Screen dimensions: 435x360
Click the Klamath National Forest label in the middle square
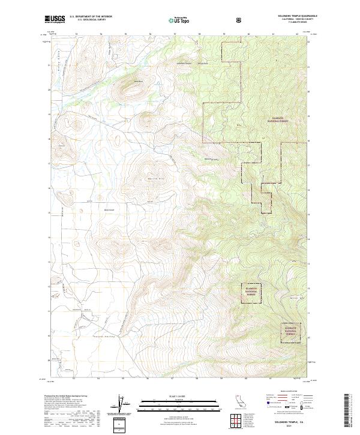click(251, 291)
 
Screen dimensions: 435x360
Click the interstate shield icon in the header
click(240, 20)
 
